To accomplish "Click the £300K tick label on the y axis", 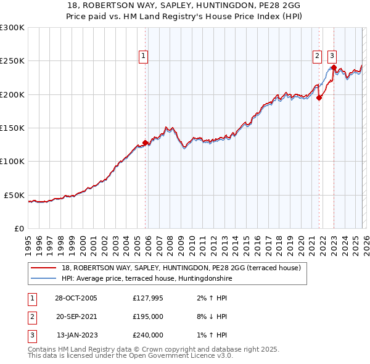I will tap(12, 28).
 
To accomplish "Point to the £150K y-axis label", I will tap(12, 128).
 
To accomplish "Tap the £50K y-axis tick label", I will tap(14, 195).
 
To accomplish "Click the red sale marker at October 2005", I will tap(146, 143).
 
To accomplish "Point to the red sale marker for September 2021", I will tap(319, 97).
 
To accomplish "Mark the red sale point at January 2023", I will tap(333, 67).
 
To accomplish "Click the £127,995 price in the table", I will tap(147, 298).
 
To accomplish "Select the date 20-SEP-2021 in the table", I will tap(76, 316).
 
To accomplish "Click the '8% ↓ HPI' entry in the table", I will tap(210, 316).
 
